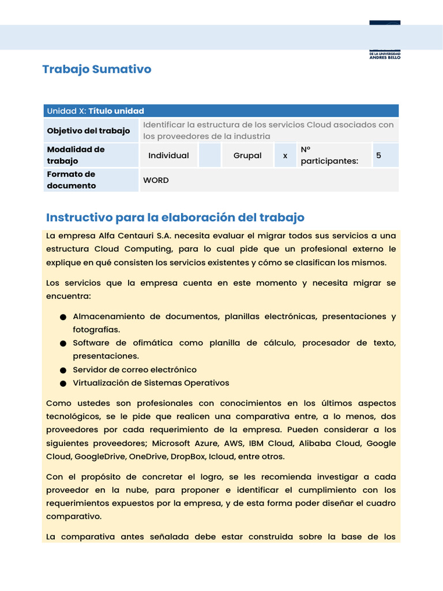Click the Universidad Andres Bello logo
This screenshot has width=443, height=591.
coord(384,40)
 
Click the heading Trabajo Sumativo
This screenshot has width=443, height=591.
coord(97,69)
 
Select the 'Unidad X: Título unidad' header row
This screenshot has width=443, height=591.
coord(221,111)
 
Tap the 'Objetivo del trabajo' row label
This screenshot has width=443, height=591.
coord(89,131)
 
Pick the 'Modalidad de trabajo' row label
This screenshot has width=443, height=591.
coord(76,155)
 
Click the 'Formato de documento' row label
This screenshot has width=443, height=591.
coord(72,180)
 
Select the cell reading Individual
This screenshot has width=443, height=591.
coord(168,156)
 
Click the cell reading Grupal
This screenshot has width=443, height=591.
coord(247,156)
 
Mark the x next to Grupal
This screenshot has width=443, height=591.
coord(285,156)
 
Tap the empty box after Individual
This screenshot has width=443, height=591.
coord(210,156)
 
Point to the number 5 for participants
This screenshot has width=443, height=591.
coord(378,156)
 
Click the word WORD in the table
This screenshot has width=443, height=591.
coord(156,181)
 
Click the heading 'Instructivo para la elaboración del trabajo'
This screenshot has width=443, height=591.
coord(175,218)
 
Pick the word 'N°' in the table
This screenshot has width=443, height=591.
coord(306,149)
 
